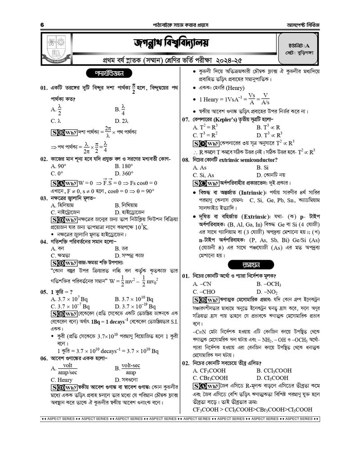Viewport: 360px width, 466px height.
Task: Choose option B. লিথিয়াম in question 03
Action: click(x=129, y=205)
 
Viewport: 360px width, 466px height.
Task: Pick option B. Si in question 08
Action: click(x=262, y=167)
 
